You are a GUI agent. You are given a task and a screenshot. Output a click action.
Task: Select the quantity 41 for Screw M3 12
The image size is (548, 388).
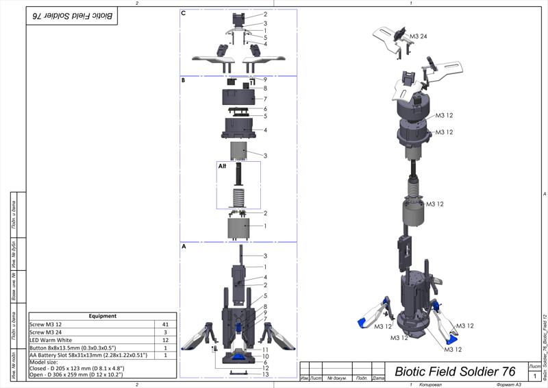point(164,324)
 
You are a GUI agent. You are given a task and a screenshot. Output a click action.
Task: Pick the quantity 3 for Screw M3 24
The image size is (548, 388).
point(164,332)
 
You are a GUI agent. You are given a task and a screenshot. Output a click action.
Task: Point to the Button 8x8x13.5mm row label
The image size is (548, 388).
point(73,348)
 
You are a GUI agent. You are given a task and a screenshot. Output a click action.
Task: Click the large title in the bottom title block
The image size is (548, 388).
point(455,371)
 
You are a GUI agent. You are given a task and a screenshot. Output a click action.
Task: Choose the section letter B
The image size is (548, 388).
point(184,80)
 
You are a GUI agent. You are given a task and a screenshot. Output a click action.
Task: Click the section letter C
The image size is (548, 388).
point(184,13)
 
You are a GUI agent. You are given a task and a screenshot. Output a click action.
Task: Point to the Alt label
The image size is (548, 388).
point(222,166)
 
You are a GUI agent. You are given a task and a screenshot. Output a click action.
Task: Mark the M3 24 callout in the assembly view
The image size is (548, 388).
point(419,36)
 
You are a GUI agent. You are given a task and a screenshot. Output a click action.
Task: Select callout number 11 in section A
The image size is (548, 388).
point(265,350)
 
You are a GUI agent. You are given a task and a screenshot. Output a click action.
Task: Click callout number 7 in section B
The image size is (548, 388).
point(264,99)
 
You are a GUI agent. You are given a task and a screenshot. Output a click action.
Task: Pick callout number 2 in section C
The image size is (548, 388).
point(264,14)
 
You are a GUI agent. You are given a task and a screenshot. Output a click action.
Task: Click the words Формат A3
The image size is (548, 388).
point(501,383)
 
